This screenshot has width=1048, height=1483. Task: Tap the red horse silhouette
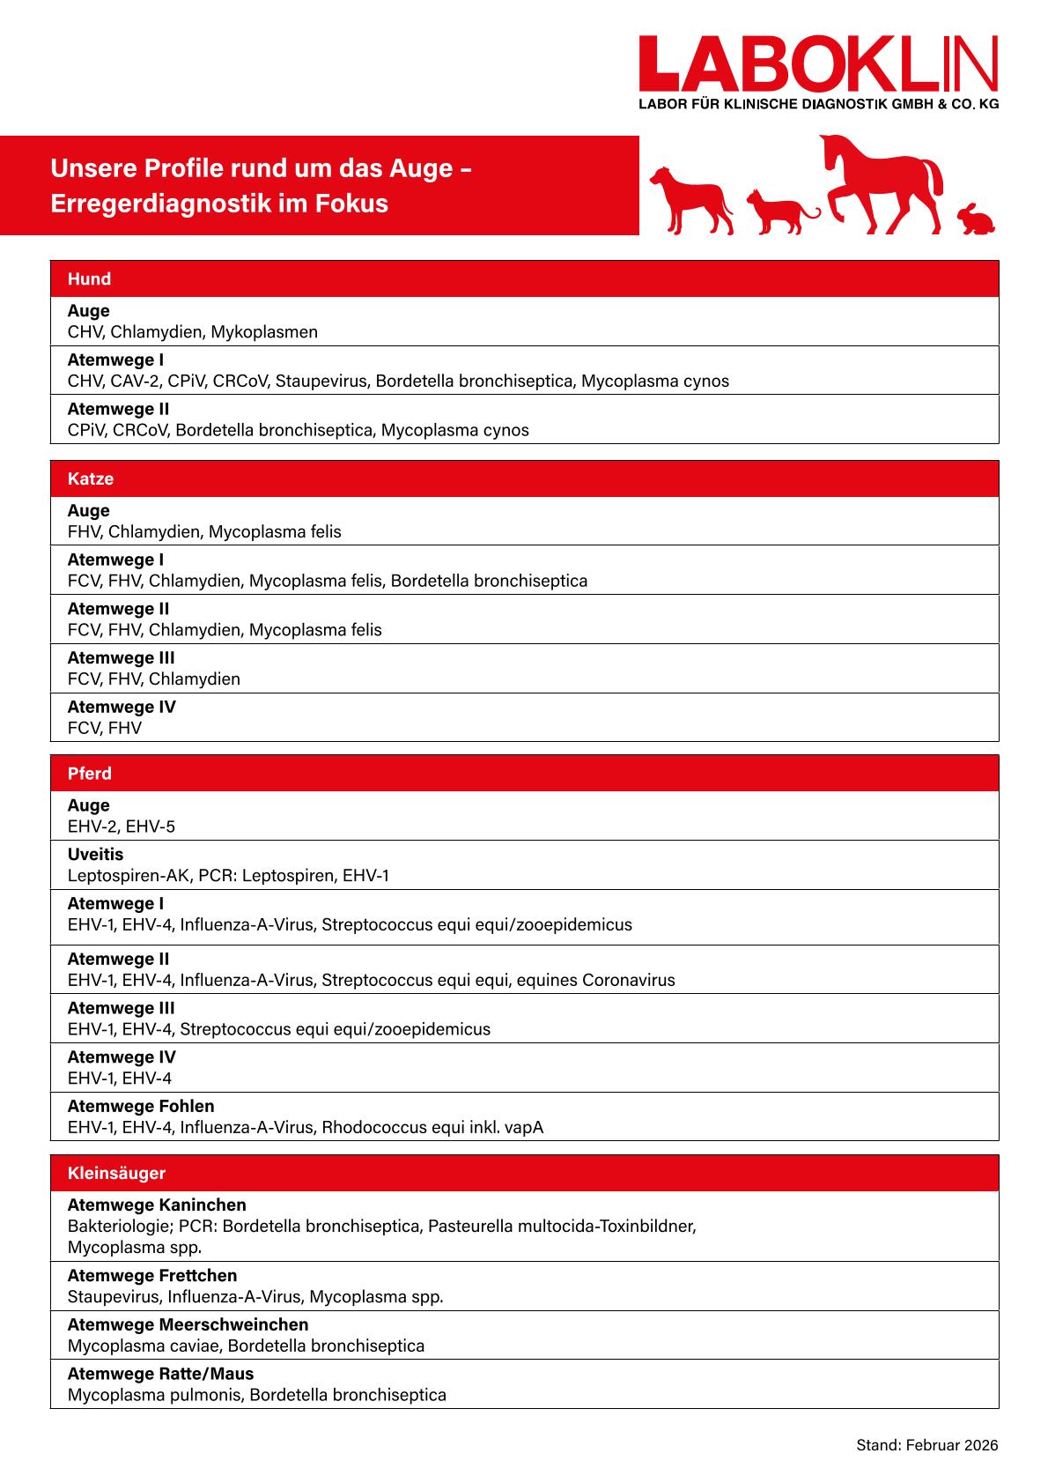pos(881,181)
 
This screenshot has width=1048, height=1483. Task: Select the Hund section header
pos(90,279)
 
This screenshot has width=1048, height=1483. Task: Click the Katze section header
pos(91,479)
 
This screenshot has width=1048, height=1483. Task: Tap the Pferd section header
pos(90,774)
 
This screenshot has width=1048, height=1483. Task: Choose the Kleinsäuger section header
pos(116,1174)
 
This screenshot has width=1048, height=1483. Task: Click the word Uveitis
pos(96,855)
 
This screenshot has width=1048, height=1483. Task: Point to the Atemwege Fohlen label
pos(141,1107)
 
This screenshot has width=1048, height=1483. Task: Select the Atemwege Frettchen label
pos(152,1276)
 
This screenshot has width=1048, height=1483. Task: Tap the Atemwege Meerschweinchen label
pos(188,1325)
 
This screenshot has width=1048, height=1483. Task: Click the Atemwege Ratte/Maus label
pos(160,1375)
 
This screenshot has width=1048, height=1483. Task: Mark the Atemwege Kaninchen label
pos(157,1205)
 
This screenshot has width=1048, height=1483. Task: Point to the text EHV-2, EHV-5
pos(122,827)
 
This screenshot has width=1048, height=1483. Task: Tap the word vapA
pos(524,1128)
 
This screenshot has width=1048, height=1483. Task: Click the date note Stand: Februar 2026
pos(927,1446)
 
